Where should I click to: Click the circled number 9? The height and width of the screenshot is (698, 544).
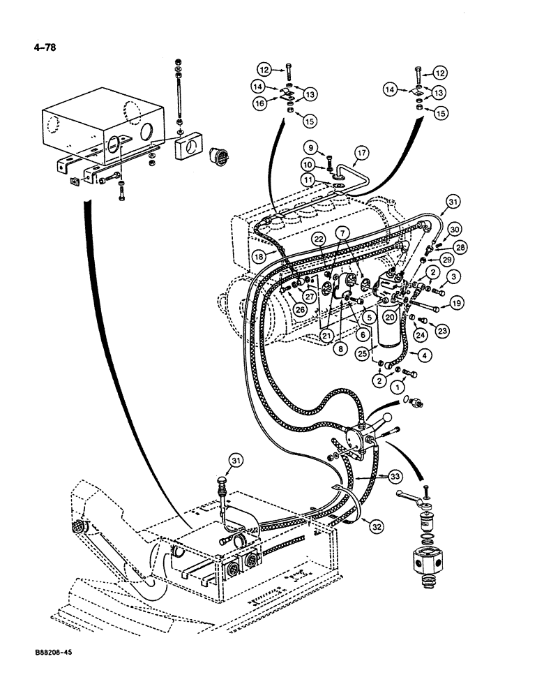[310, 147]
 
